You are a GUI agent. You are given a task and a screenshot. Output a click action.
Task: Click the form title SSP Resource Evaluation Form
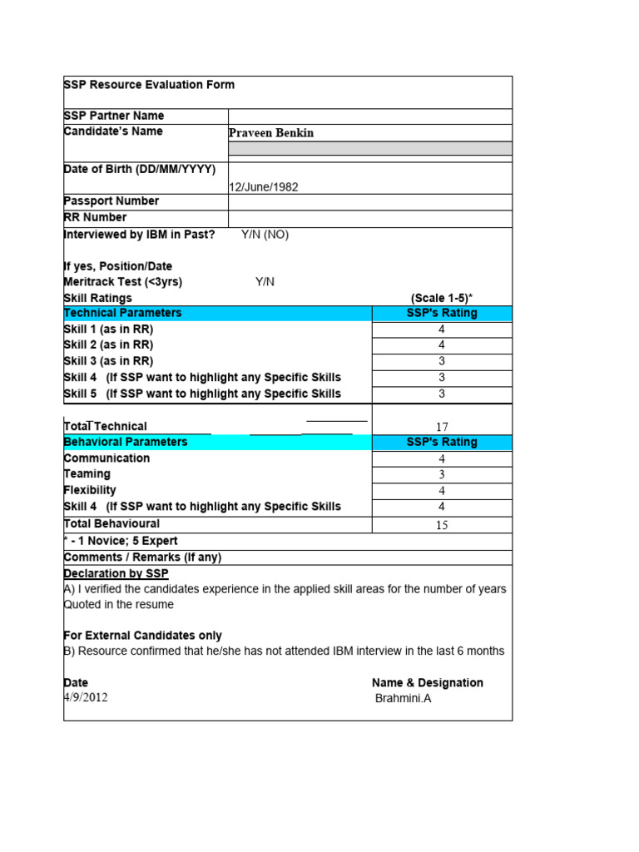coord(149,85)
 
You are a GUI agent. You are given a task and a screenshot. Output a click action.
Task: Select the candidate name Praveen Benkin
coord(271,133)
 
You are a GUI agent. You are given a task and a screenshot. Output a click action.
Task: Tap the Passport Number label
coord(111,201)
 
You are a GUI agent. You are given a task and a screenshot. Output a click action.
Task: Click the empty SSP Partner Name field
coord(369,116)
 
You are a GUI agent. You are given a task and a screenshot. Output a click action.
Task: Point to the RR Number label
coord(95,218)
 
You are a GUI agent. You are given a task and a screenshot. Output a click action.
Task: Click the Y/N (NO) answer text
coord(265,235)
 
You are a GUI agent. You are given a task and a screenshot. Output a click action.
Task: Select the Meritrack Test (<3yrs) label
coord(122,282)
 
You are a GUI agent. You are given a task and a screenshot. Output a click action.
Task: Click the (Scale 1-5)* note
coord(441,298)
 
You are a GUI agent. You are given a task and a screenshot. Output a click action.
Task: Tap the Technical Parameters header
coord(122,313)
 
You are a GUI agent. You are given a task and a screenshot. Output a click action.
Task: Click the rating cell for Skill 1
coord(442,329)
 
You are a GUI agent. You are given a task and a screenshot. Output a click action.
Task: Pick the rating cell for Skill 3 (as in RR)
coord(442,361)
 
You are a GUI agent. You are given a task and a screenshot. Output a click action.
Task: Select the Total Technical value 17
coord(442,427)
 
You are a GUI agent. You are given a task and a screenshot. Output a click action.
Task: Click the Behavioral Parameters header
coord(126,442)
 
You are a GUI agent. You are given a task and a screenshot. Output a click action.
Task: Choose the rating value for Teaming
coord(442,475)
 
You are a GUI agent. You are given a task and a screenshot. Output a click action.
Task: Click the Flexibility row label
coord(90,490)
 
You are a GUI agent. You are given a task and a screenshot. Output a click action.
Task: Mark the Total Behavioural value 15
coord(442,525)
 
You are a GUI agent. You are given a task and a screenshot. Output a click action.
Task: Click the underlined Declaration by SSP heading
coord(116,574)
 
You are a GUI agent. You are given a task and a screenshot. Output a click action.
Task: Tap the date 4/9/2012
coord(85,698)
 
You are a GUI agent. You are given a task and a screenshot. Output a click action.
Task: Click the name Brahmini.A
coord(404,699)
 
